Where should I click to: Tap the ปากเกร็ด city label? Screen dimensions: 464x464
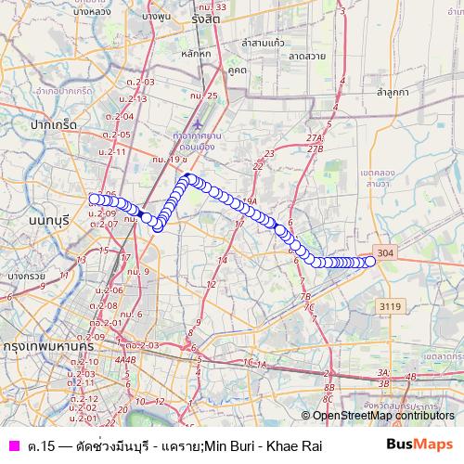(x=52, y=123)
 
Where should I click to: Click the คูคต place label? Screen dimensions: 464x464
(x=236, y=70)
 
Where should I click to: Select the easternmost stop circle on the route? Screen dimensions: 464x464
(x=370, y=262)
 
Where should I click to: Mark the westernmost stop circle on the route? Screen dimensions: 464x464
(x=94, y=199)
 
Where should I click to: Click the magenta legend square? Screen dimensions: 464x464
(x=13, y=445)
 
